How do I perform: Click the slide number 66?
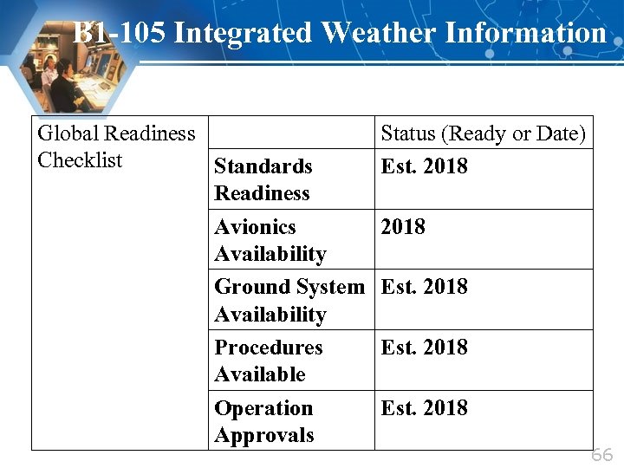coord(601,455)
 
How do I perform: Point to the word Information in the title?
coord(524,33)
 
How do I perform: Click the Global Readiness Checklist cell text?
coord(116,146)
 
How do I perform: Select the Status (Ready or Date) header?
coord(483,133)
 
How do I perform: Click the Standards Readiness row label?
coord(263,179)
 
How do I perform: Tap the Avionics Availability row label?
coord(270,240)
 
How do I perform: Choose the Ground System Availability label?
coord(289,300)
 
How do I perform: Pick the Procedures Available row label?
coord(268,361)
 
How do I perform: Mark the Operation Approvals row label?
coord(263,421)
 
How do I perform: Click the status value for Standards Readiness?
coord(424,166)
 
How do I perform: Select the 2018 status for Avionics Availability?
coord(403,227)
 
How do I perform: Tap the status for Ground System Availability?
coord(424,287)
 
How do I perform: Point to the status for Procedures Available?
coord(424,348)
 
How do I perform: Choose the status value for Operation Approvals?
coord(424,408)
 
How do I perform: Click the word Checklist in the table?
coord(81,160)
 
